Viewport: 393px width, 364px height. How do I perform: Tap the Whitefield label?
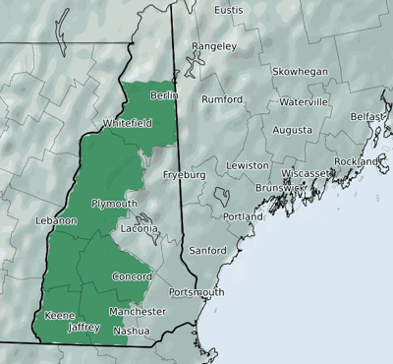coord(126,124)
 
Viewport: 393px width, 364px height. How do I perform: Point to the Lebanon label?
coord(55,221)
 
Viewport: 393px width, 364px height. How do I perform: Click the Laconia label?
coord(139,228)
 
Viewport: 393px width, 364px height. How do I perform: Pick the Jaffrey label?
coord(84,327)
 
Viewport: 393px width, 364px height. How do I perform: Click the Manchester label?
coord(138,312)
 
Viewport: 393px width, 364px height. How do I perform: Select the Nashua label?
coord(132,332)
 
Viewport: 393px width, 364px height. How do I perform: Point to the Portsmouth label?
coord(196,292)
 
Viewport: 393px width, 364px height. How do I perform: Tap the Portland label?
coord(243,216)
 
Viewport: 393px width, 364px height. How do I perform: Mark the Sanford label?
coord(207,250)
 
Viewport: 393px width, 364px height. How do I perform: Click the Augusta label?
coord(293,130)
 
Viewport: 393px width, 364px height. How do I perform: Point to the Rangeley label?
coord(214,46)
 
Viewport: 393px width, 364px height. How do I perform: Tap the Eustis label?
coord(228,10)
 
